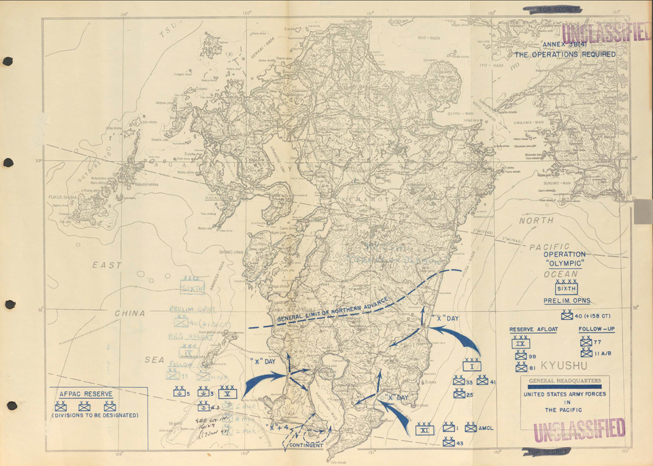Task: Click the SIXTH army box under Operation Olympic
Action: click(567, 288)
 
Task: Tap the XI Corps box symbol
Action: click(424, 429)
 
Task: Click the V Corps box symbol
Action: click(228, 392)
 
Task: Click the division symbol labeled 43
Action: click(449, 442)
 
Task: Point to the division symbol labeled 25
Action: click(459, 394)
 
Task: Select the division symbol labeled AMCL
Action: click(470, 427)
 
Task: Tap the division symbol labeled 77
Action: click(586, 342)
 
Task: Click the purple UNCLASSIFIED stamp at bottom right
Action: click(579, 431)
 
